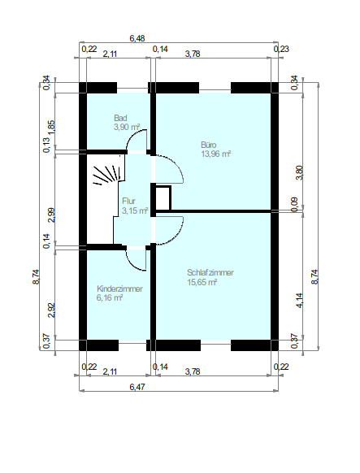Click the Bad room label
(120, 118)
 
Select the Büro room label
(208, 145)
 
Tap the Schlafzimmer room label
(210, 272)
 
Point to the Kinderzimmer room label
(119, 289)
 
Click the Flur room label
(128, 201)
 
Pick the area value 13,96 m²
(216, 154)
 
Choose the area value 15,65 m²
(202, 282)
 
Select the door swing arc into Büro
(178, 164)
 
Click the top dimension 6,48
(137, 39)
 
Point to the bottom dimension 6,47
(137, 386)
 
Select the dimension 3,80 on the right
(300, 173)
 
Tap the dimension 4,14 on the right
(300, 301)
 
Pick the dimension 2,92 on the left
(51, 310)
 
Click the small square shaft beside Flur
(163, 197)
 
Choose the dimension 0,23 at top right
(281, 49)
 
